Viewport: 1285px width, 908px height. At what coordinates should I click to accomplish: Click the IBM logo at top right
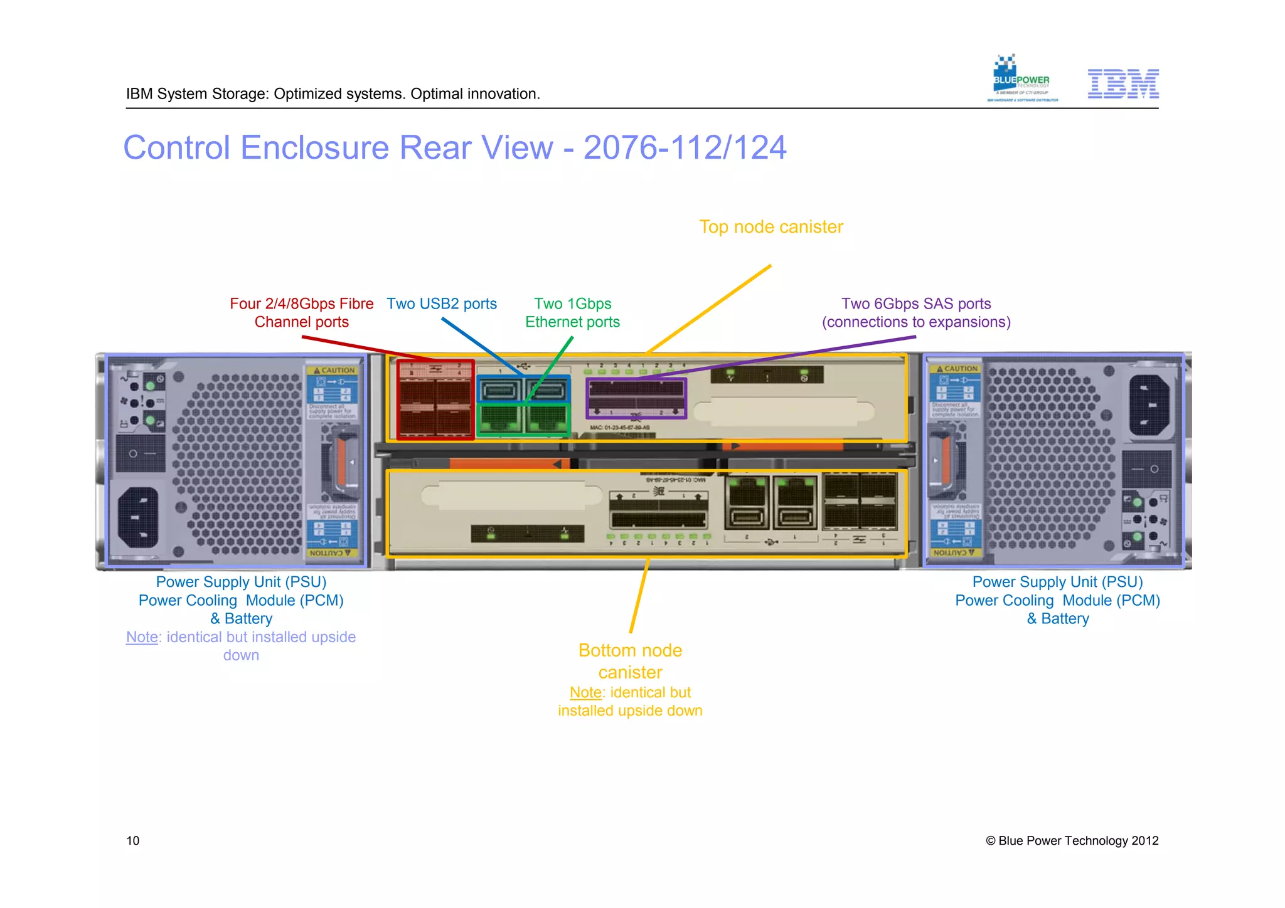point(1122,84)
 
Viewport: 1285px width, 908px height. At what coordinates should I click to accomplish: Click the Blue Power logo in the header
point(1021,79)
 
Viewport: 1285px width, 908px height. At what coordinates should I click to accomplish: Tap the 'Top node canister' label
point(770,227)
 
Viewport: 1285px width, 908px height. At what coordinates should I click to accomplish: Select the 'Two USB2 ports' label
point(441,304)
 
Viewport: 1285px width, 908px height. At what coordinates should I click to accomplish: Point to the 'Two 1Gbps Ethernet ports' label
point(572,313)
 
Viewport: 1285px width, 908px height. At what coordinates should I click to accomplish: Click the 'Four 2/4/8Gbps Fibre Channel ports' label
point(301,313)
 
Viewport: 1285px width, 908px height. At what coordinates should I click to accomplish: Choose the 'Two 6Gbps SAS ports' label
point(915,313)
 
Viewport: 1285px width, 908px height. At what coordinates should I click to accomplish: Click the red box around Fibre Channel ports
point(435,399)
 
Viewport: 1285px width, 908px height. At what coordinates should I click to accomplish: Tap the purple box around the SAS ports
point(636,398)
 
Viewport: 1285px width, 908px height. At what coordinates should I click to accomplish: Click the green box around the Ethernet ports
point(523,420)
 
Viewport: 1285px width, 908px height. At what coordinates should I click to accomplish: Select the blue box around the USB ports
point(523,389)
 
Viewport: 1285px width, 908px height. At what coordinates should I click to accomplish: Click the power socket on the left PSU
point(138,517)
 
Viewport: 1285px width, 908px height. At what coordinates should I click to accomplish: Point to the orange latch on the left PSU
point(341,462)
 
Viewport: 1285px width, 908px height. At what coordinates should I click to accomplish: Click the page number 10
point(133,841)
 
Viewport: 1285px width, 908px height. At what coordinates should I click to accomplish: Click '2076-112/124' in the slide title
point(685,148)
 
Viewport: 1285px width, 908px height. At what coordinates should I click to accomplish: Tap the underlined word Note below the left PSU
point(142,637)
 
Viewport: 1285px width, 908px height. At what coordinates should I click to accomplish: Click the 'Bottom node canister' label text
point(630,661)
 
